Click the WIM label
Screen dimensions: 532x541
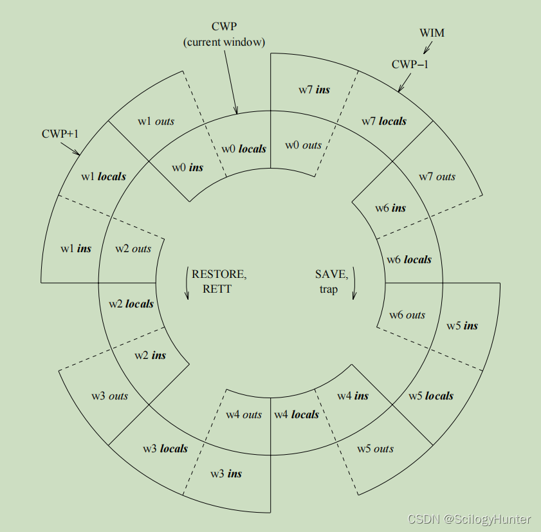coord(432,33)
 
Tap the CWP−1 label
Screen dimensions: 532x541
coord(409,64)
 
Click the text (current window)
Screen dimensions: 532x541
coord(225,42)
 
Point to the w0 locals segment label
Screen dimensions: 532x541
coord(244,149)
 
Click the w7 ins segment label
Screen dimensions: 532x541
coord(314,89)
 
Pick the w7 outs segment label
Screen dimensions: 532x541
coord(437,176)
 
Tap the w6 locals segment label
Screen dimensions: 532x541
coord(409,259)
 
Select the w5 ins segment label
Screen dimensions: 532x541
coord(463,326)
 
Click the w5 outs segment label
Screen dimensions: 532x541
coord(376,448)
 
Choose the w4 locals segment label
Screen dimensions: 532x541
coord(297,414)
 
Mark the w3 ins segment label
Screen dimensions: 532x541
coord(226,473)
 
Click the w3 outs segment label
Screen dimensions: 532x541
coord(109,396)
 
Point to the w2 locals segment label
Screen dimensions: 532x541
coord(131,303)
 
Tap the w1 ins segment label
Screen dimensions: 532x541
coord(76,248)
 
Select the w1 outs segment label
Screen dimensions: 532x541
coord(156,121)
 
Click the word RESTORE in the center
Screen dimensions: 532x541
coord(218,274)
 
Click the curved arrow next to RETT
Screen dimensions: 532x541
coord(187,284)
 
